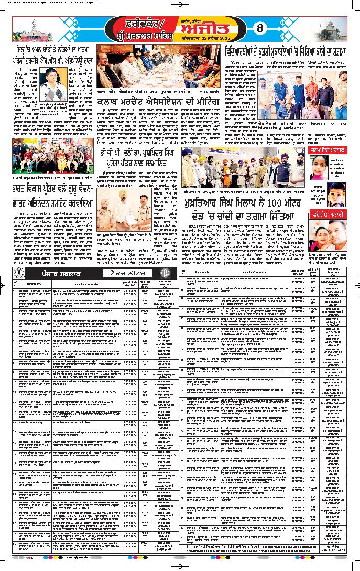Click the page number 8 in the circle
click(x=258, y=28)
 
